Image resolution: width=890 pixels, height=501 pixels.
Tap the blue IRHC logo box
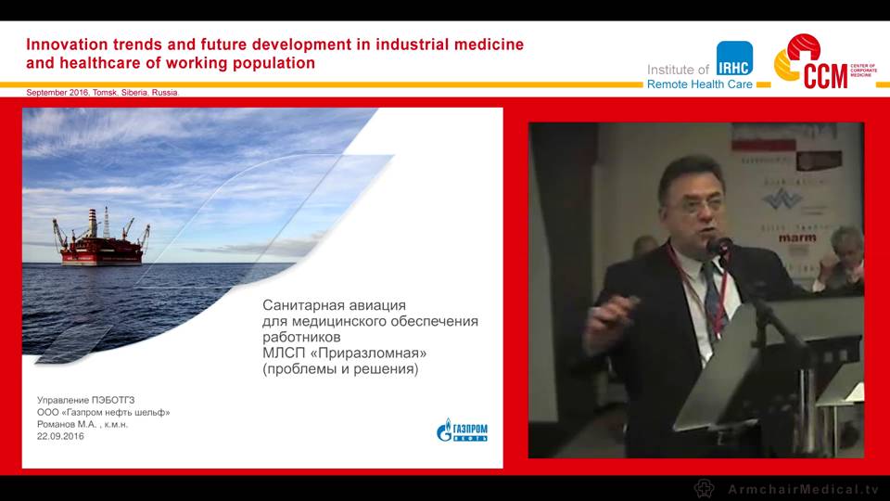734,58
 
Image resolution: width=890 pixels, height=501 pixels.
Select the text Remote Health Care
700,84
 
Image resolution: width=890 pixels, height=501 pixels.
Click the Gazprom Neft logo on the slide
462,430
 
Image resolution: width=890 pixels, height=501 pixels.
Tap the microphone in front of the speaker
719,246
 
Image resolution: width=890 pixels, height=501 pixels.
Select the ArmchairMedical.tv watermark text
803,489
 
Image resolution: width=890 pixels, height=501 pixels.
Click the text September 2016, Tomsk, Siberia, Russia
102,94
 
